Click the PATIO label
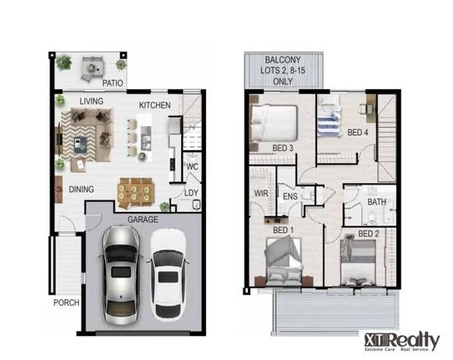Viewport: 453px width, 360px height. coord(113,83)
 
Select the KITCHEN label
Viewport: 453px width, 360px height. coord(155,106)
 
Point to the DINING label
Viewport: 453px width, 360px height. coord(81,189)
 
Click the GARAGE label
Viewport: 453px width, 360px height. coord(143,220)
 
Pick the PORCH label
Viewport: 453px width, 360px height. coord(66,302)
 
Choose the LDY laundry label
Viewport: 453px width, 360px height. coord(191,194)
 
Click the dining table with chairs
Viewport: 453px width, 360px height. coord(136,191)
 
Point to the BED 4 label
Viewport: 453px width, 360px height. coord(357,132)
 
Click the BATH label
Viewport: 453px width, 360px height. coord(376,202)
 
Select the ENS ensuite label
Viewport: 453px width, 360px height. coord(290,197)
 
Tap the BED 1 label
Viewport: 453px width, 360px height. coord(282,230)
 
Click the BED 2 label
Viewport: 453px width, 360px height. coord(368,235)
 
